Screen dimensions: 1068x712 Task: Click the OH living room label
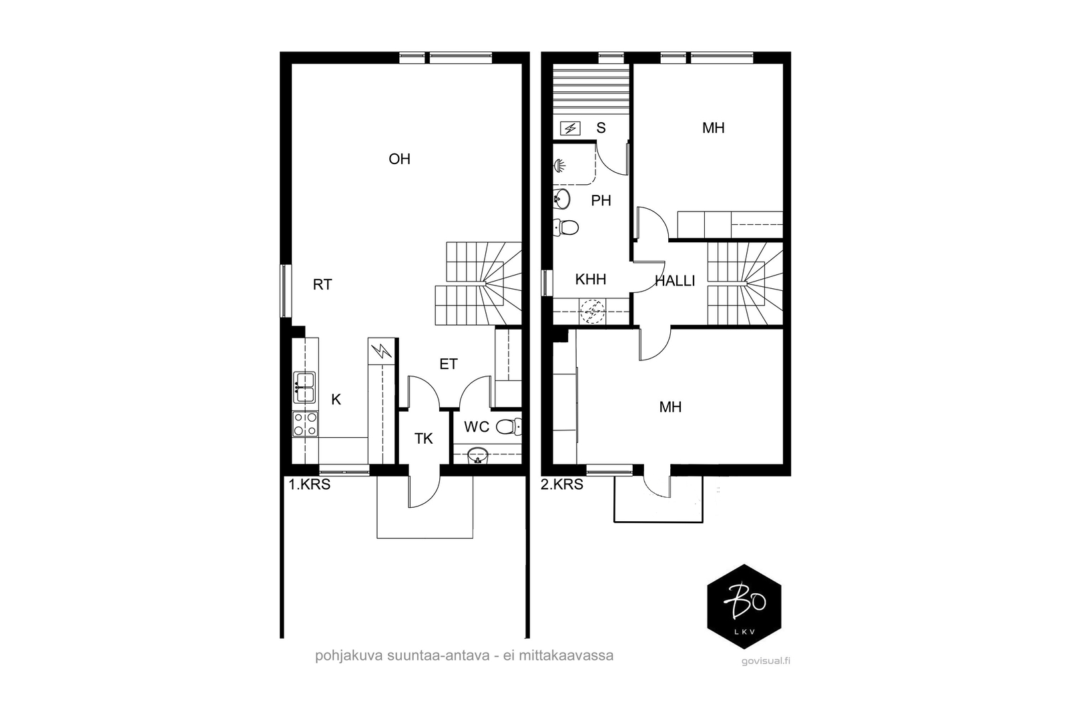tap(399, 159)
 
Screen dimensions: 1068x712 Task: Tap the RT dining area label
tap(322, 285)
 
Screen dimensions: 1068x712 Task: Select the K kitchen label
tap(336, 400)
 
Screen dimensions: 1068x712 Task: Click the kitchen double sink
tap(304, 388)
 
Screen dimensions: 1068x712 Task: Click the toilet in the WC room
tap(509, 426)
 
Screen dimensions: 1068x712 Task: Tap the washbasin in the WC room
tap(478, 456)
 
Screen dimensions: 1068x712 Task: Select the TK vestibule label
tap(423, 439)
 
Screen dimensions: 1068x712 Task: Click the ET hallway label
tap(448, 364)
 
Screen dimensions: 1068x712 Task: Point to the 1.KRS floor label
tap(310, 484)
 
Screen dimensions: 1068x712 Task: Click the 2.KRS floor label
tap(561, 484)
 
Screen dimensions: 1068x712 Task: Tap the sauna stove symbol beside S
tap(570, 128)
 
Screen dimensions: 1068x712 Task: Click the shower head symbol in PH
tap(559, 166)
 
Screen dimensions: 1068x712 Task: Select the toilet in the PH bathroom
tap(566, 228)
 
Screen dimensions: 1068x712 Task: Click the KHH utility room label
tap(591, 280)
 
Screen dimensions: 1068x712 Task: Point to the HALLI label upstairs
tap(675, 281)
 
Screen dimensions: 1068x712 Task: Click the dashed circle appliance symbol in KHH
tap(592, 312)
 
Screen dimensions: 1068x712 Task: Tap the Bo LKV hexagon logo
tap(744, 606)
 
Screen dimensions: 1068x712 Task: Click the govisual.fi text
tap(766, 661)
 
